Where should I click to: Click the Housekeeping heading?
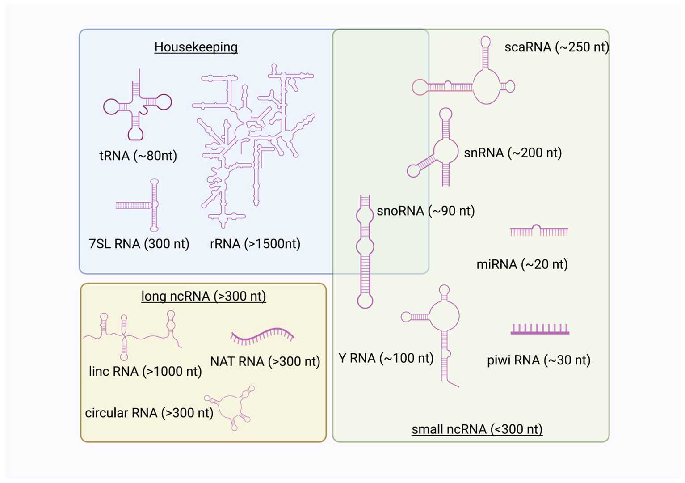click(x=196, y=47)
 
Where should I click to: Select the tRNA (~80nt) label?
click(x=138, y=156)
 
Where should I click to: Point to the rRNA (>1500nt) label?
click(x=255, y=244)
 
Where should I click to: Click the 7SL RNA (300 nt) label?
click(x=139, y=244)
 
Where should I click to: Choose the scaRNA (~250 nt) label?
click(x=556, y=47)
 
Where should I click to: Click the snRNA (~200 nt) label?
click(x=513, y=153)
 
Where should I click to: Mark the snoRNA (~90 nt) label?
click(x=425, y=211)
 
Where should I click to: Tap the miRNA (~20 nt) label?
click(x=522, y=264)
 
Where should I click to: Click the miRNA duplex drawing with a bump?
click(x=539, y=231)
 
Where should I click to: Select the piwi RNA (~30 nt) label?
click(x=538, y=360)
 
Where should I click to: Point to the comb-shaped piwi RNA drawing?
click(x=540, y=330)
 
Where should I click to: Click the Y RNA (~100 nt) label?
click(x=386, y=358)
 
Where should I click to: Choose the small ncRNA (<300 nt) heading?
click(x=477, y=429)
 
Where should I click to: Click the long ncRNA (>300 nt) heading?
click(x=203, y=296)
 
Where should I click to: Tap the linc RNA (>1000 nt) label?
click(x=145, y=371)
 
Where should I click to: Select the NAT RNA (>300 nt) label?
click(x=265, y=361)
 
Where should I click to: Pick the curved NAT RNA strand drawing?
click(x=262, y=336)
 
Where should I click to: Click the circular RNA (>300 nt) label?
click(x=149, y=413)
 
